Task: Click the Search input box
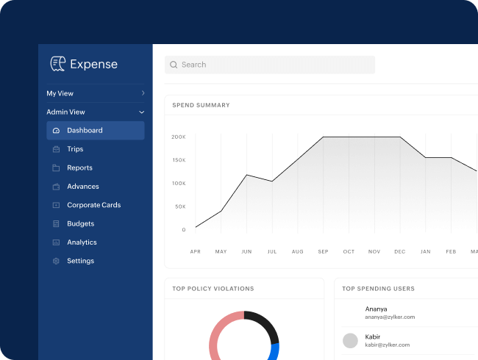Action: tap(269, 65)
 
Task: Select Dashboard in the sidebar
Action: tap(85, 131)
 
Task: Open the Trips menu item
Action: tap(75, 149)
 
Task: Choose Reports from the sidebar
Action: tap(79, 168)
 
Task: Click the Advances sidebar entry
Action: tap(82, 187)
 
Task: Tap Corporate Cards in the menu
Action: tap(93, 205)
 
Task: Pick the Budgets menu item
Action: tap(80, 224)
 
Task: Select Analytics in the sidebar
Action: tap(82, 242)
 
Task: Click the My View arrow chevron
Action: tap(143, 93)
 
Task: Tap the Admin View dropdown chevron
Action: tap(142, 112)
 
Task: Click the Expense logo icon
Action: tap(57, 64)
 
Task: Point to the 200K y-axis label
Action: tap(179, 137)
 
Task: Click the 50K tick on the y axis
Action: tap(180, 206)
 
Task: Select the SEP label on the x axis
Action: tap(323, 252)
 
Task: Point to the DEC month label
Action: tap(399, 252)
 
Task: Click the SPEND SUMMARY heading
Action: tap(201, 105)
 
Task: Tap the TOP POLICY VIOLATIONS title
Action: tap(213, 289)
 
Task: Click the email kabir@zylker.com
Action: tap(387, 345)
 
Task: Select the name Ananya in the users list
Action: tap(376, 309)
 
